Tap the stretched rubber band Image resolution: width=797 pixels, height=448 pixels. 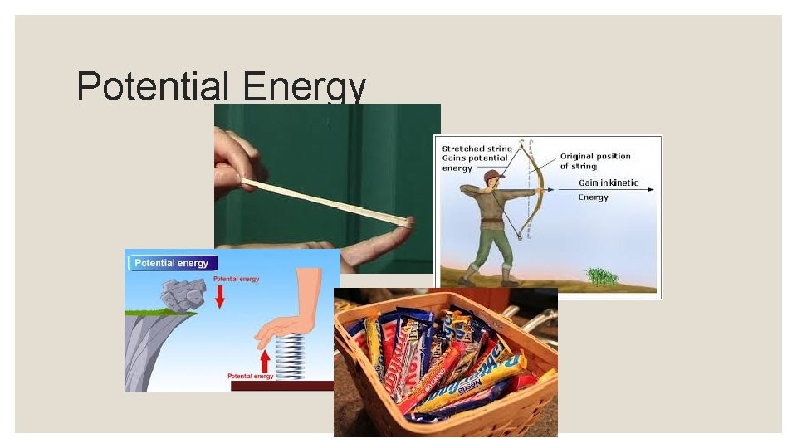(x=324, y=200)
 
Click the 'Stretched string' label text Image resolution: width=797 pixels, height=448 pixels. (x=476, y=149)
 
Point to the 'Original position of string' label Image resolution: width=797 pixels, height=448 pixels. (x=594, y=161)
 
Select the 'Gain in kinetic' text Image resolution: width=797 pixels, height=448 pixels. (x=609, y=183)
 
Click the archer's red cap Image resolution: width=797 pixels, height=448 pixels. (x=496, y=174)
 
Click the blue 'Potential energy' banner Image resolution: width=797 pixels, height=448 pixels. (x=172, y=263)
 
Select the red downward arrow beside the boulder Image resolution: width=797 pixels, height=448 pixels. (x=219, y=297)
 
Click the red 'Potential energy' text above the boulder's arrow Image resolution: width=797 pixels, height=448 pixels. (x=237, y=279)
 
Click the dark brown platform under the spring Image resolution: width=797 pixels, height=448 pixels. (x=282, y=386)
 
